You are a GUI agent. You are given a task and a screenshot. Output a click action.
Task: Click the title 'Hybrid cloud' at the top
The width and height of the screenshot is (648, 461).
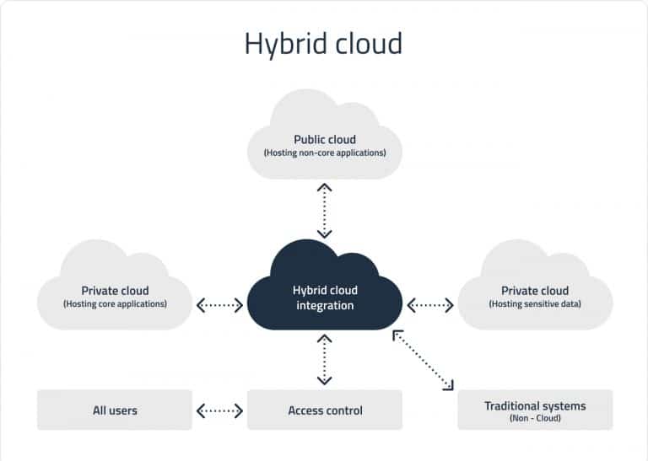[x=323, y=43]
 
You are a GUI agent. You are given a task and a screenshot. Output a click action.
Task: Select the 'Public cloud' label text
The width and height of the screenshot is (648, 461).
[x=324, y=140]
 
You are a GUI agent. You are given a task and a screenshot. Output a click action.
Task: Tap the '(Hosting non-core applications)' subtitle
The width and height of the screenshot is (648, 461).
[x=324, y=153]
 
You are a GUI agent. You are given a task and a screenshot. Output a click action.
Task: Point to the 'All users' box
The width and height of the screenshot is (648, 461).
[x=115, y=410]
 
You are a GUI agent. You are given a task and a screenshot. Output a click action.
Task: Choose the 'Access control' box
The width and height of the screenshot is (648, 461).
[x=325, y=410]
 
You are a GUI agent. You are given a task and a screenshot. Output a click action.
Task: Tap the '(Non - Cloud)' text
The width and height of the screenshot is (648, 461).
[x=535, y=418]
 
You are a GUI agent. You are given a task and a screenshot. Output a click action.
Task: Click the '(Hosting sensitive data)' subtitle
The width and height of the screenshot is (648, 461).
[x=535, y=303]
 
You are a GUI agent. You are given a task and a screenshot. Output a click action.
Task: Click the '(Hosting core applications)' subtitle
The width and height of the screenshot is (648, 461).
[x=115, y=303]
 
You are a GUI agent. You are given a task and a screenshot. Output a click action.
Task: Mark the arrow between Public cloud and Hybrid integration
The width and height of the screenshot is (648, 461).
[x=324, y=211]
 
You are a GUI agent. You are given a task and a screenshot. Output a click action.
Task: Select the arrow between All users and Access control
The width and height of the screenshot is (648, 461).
[x=219, y=411]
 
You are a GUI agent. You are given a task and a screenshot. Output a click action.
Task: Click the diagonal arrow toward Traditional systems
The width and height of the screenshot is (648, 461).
[x=424, y=361]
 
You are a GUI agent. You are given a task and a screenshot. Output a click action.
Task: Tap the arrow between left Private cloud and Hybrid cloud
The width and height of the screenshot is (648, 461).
[x=219, y=304]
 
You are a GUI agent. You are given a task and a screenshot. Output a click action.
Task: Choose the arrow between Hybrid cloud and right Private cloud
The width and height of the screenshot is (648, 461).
[x=430, y=304]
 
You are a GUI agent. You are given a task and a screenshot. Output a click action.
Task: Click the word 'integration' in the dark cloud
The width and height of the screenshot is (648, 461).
[x=324, y=305]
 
